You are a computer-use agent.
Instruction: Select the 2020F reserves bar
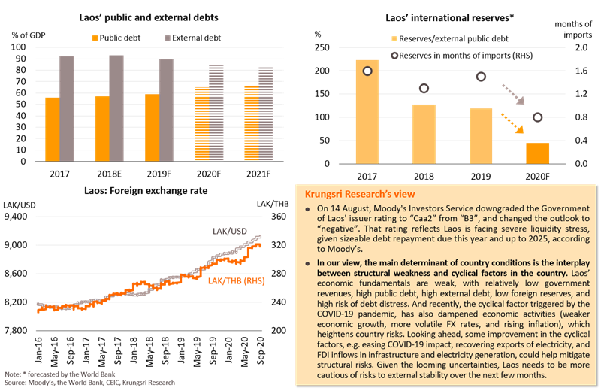(537, 153)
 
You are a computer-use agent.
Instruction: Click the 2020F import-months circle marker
(537, 117)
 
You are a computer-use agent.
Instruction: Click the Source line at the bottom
(90, 383)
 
